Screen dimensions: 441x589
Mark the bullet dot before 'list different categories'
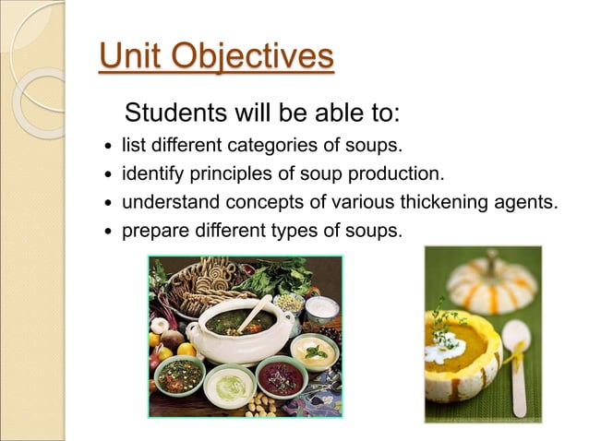[x=108, y=147]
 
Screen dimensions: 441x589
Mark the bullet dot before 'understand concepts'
[x=108, y=202]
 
